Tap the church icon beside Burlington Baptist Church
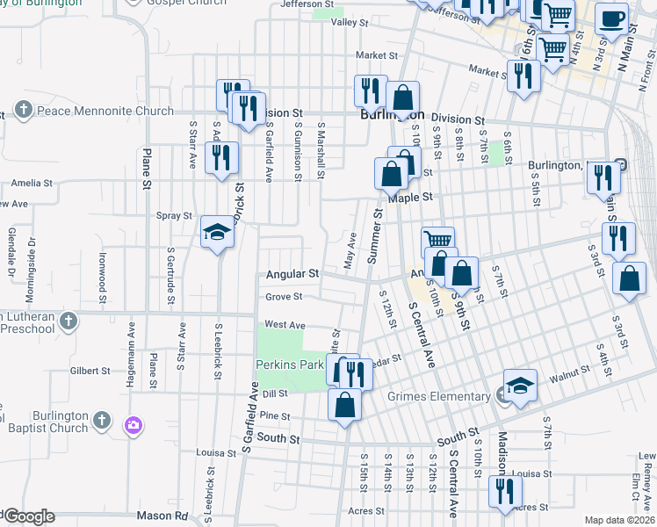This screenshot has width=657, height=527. coord(102,420)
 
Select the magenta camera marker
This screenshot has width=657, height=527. coord(134,426)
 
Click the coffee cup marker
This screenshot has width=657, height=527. coord(612,18)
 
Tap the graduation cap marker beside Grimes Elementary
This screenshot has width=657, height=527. coord(520,386)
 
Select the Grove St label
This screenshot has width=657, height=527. coord(284,297)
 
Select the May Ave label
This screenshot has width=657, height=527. coord(350,251)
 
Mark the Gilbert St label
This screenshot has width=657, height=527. coord(89,371)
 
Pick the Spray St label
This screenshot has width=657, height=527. coord(174,215)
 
